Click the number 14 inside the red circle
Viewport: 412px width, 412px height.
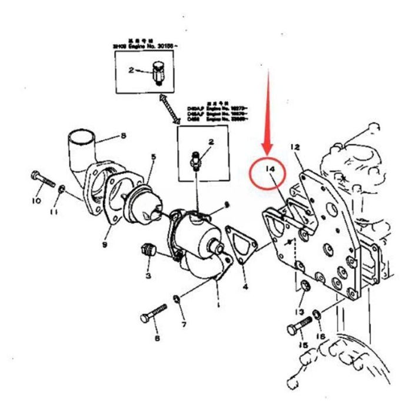coord(271,170)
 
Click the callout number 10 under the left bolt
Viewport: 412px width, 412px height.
coord(36,201)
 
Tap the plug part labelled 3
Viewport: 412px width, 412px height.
coord(148,252)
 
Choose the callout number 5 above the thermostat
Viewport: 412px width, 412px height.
coord(154,157)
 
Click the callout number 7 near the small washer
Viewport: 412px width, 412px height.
coord(183,324)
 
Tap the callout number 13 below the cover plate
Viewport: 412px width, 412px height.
coord(301,311)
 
